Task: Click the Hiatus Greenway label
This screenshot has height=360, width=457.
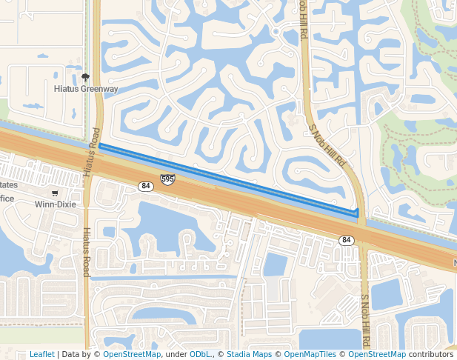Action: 87,89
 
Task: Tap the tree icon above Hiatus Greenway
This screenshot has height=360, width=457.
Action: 86,76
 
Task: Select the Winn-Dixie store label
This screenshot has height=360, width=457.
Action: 56,203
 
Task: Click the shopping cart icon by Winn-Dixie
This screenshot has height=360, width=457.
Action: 55,193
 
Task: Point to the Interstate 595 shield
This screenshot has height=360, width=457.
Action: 167,179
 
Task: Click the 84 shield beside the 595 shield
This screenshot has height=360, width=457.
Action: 146,186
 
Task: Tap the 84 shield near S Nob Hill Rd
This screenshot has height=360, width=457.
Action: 347,240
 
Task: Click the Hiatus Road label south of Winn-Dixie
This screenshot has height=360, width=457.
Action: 86,252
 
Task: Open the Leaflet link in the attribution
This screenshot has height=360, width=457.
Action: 41,354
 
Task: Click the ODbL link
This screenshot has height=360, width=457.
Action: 200,354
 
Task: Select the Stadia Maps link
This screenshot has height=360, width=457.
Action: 249,354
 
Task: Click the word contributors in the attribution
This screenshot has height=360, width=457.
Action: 431,354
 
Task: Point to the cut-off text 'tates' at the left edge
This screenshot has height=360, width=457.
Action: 9,185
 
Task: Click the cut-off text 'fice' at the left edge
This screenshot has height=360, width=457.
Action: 7,198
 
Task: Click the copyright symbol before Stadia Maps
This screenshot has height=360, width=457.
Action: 221,354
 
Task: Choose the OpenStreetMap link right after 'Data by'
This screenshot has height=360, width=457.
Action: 132,354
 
